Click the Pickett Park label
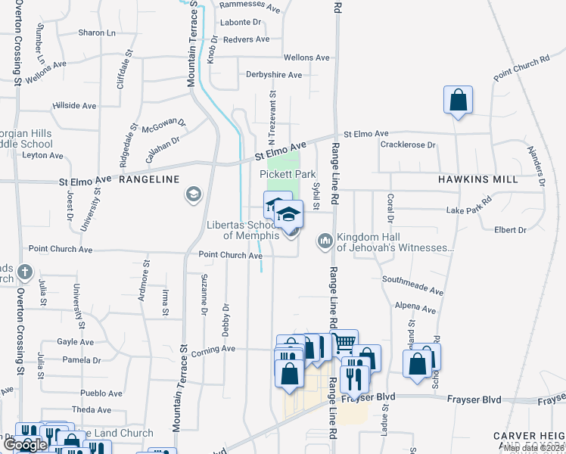288,174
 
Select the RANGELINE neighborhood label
149,179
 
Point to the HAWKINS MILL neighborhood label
477,179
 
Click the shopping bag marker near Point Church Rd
458,100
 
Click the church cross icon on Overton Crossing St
25,271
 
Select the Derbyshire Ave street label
274,75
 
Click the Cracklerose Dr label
409,145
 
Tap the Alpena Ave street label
415,309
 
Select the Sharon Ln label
97,33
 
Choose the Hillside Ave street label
74,105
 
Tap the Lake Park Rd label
469,210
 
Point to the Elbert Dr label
509,229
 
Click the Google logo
25,445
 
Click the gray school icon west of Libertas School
193,195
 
